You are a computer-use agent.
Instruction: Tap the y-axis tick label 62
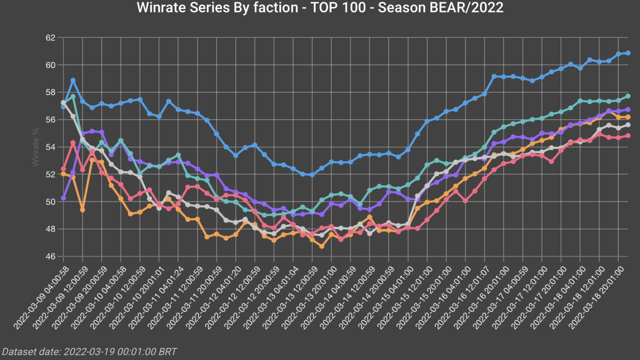click(x=50, y=38)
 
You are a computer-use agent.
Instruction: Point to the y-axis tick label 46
click(x=50, y=257)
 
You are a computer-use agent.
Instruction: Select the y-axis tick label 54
click(x=50, y=147)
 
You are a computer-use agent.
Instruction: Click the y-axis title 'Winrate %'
click(x=36, y=147)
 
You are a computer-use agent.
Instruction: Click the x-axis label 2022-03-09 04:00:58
click(x=42, y=297)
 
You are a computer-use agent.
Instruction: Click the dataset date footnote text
click(x=89, y=352)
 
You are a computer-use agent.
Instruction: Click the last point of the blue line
click(x=628, y=53)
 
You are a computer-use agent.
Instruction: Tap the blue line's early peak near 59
click(x=73, y=80)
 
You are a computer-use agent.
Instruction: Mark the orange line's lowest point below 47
click(x=322, y=247)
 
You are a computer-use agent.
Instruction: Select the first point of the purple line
click(x=63, y=198)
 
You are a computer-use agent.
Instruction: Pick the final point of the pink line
click(x=628, y=136)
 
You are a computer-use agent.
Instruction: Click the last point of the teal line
click(x=628, y=96)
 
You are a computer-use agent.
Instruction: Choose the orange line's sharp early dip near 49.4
click(x=83, y=210)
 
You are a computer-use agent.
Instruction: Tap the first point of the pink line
click(x=63, y=169)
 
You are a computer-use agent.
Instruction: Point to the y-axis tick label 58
click(x=50, y=93)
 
